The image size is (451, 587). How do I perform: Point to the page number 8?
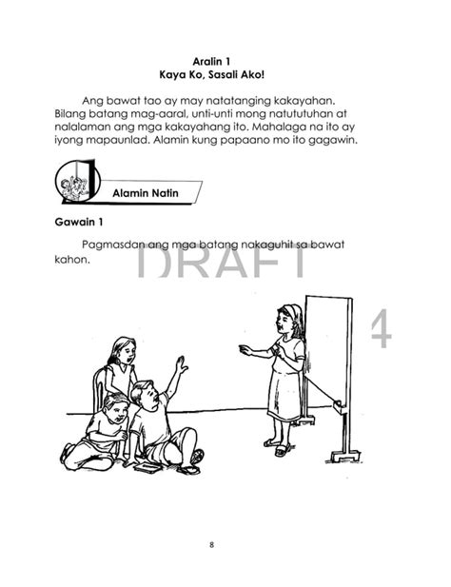(x=225, y=544)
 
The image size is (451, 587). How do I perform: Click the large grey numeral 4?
(x=381, y=330)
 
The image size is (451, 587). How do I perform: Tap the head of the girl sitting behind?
(x=123, y=350)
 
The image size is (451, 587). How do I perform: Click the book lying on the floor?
(x=148, y=466)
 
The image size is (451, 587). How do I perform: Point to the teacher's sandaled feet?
(x=277, y=445)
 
